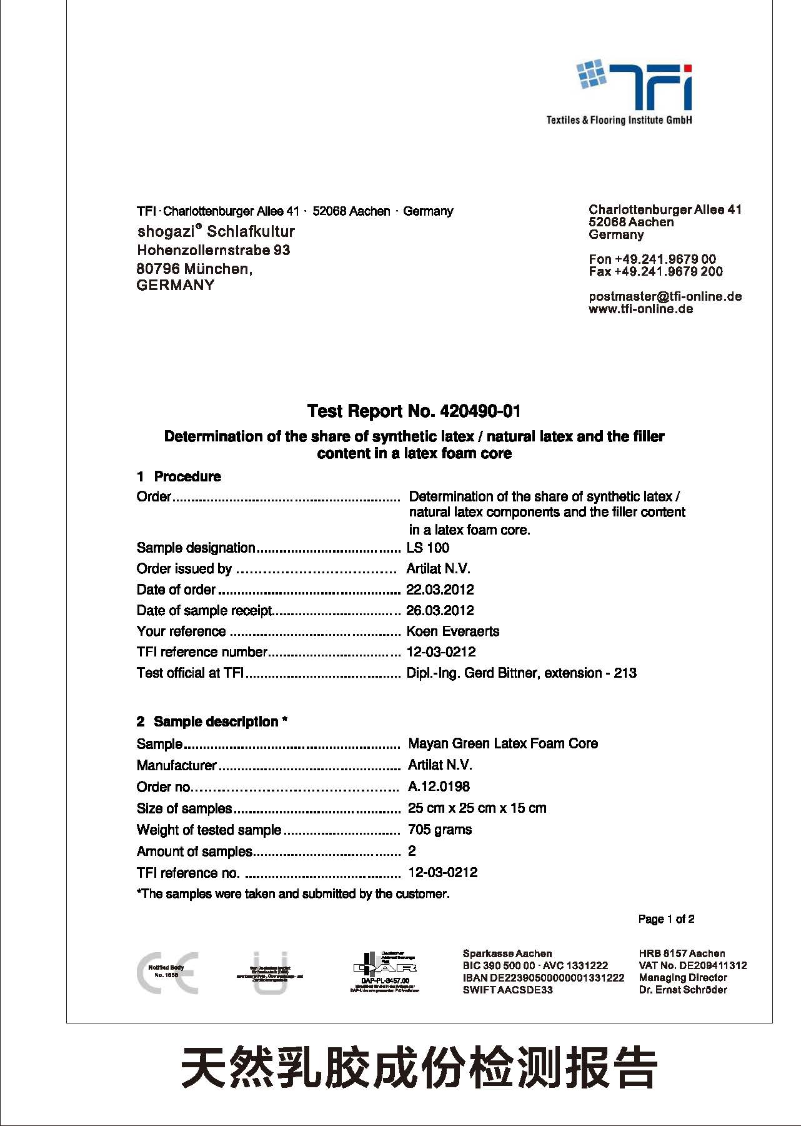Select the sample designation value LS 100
pos(428,548)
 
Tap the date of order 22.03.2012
pos(440,590)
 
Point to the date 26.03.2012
pos(440,610)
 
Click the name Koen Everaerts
pos(453,631)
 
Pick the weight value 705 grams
pos(440,830)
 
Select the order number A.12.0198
pos(439,787)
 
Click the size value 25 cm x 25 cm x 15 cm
pos(477,808)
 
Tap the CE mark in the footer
pos(167,973)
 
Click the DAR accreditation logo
pos(385,972)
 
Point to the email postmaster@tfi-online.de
pos(665,296)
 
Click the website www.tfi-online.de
pos(640,309)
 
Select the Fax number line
pos(655,271)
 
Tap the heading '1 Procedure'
pos(179,476)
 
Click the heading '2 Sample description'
pos(212,721)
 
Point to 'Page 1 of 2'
pos(666,919)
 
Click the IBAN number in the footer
pos(544,978)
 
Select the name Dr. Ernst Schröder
pos(683,990)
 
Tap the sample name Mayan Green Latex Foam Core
pos(503,743)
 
